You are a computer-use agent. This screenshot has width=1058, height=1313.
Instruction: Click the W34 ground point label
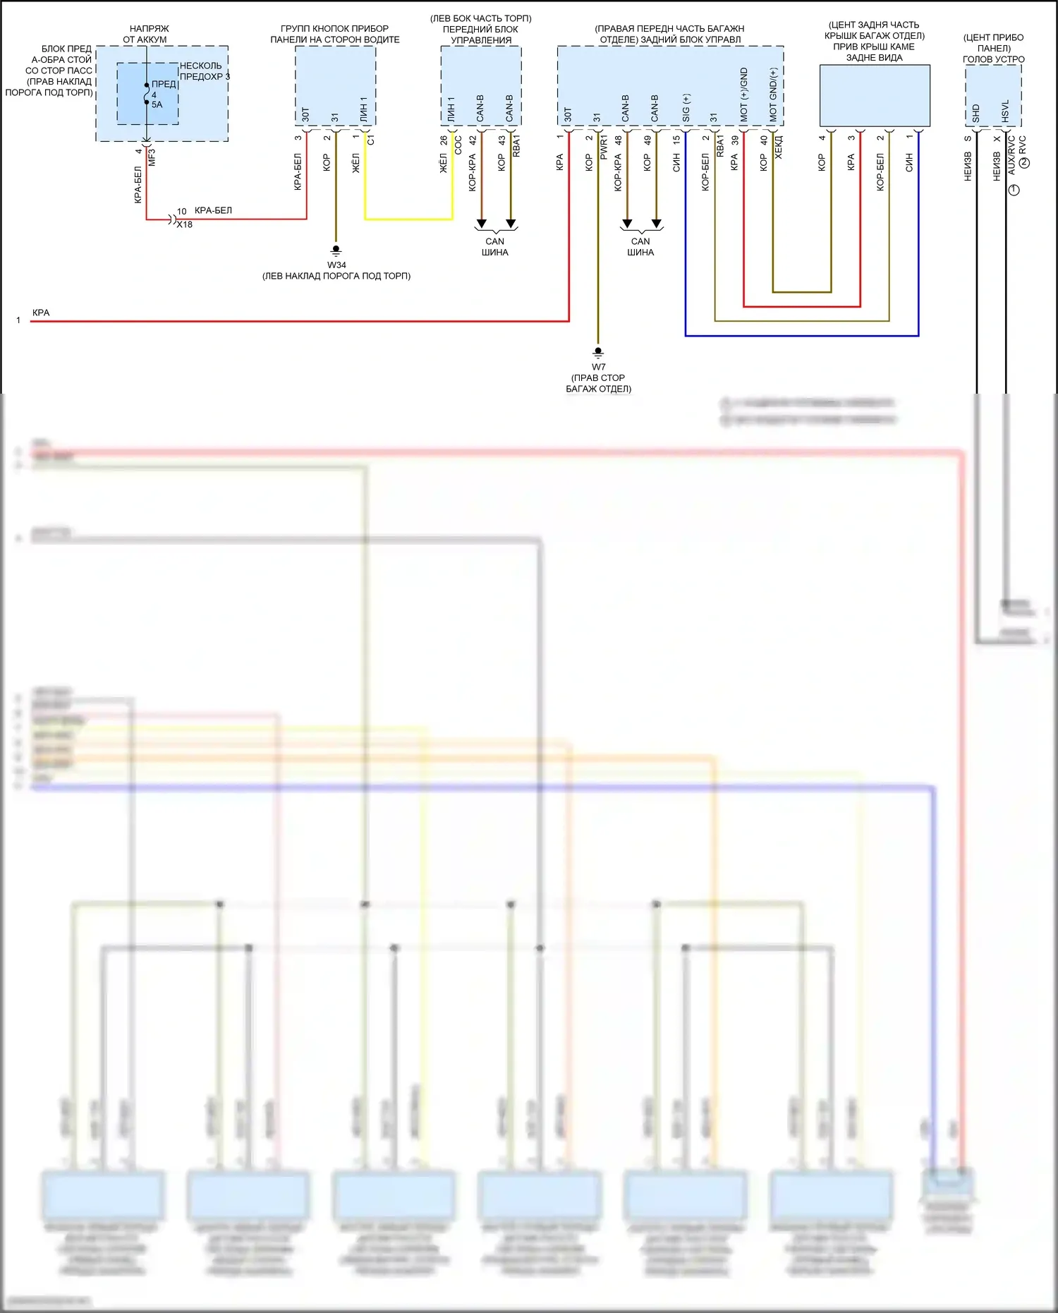click(x=336, y=265)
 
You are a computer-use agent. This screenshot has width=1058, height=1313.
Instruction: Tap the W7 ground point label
click(x=598, y=367)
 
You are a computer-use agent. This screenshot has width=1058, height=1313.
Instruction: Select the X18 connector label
click(x=185, y=224)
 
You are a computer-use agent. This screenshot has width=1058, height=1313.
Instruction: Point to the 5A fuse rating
click(x=157, y=104)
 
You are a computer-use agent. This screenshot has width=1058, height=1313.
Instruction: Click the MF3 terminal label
click(x=152, y=157)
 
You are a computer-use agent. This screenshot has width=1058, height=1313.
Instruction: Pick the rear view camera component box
click(x=875, y=96)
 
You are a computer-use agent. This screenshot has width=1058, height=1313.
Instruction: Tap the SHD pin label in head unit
click(x=976, y=112)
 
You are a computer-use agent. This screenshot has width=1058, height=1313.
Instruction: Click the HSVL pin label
click(x=1005, y=111)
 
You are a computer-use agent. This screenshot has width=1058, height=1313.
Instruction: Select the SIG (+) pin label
click(x=686, y=108)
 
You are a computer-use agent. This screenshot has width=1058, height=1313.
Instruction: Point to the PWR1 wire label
click(x=604, y=149)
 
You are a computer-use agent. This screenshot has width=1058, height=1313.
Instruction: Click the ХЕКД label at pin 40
click(x=779, y=147)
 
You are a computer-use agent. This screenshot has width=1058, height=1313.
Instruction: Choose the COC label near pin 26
click(x=458, y=146)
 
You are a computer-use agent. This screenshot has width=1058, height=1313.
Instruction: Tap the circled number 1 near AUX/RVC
click(x=1014, y=190)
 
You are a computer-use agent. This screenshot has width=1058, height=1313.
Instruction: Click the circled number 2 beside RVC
click(x=1025, y=163)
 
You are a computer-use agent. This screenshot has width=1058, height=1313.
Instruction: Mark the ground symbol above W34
click(x=336, y=250)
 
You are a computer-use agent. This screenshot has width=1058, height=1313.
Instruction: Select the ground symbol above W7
click(x=598, y=351)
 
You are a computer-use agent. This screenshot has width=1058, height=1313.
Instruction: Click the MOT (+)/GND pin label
click(x=743, y=95)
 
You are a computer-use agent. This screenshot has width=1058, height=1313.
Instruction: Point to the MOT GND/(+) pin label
click(x=773, y=95)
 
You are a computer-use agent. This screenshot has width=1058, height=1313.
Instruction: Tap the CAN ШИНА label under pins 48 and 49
click(x=640, y=247)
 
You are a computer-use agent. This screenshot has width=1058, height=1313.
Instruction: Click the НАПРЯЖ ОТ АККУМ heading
click(x=146, y=34)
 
